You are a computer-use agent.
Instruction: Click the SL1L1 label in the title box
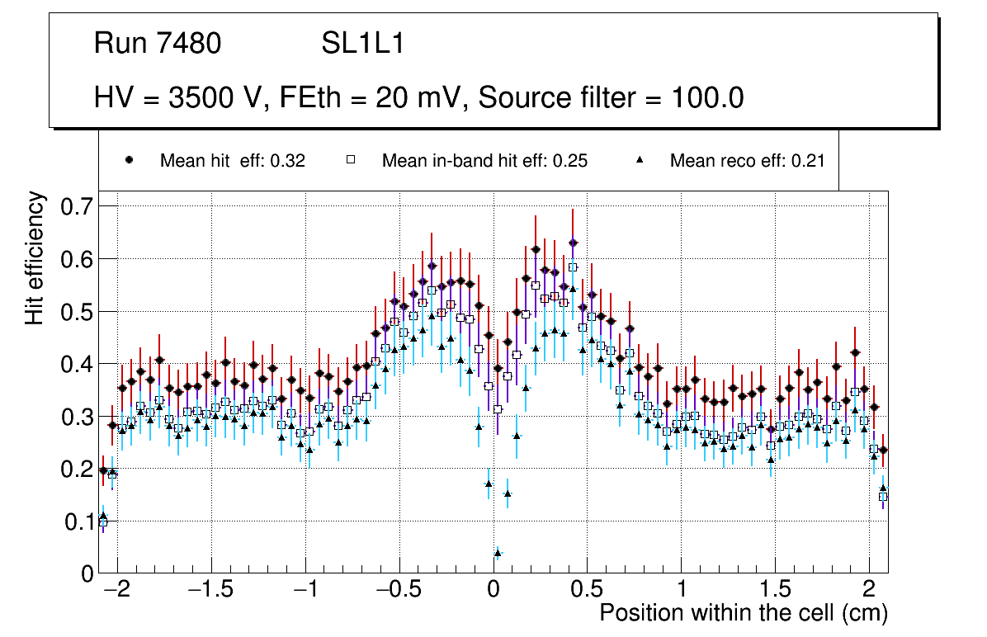coord(363,44)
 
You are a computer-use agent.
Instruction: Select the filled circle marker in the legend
coord(129,160)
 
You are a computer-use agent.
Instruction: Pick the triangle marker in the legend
coord(640,160)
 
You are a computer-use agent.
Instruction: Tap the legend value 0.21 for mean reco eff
coord(809,161)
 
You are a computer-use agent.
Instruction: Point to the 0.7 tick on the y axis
coord(79,206)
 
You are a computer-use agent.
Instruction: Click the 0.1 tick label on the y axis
coord(79,521)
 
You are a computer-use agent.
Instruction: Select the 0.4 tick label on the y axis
coord(79,364)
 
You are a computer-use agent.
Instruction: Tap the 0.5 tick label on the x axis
coord(588,592)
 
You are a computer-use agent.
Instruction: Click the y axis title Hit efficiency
coord(35,258)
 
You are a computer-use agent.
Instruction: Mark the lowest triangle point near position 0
coord(498,553)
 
